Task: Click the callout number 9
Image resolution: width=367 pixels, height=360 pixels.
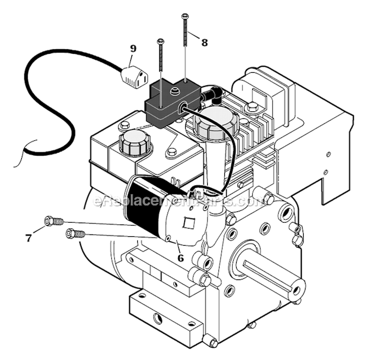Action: tap(134, 48)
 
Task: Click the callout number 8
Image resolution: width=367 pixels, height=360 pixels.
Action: tap(204, 43)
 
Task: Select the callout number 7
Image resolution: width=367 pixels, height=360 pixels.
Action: tap(28, 239)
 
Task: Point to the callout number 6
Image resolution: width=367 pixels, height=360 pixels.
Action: tap(181, 257)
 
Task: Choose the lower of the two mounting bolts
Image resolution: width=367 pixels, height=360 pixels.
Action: tap(75, 234)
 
